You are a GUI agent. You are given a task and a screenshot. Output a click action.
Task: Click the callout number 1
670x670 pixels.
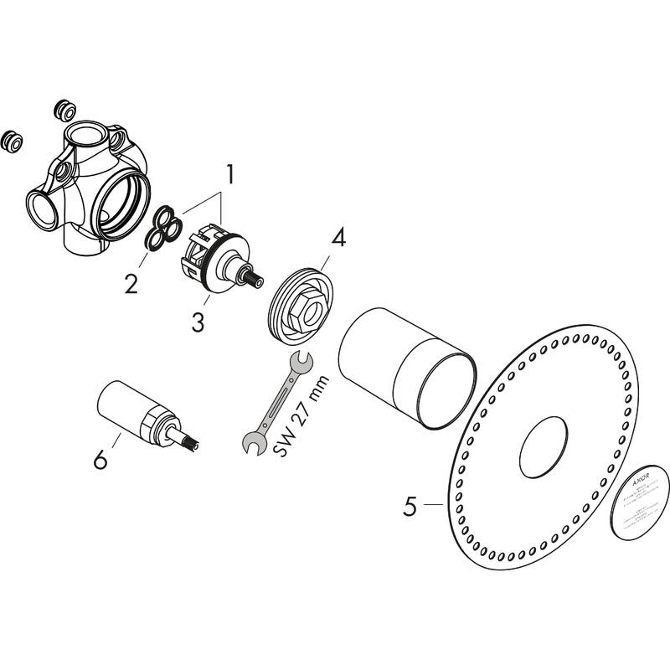(x=228, y=176)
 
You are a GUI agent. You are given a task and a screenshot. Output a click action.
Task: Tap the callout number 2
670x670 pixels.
(x=131, y=283)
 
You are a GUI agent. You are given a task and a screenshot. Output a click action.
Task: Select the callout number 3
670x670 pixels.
(x=198, y=322)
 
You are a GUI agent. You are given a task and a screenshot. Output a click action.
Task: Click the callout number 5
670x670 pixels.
(x=410, y=506)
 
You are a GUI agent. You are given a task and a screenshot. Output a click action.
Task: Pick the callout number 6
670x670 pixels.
(x=100, y=459)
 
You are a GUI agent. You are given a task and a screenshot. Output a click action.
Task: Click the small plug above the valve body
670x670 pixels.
(x=64, y=109)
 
